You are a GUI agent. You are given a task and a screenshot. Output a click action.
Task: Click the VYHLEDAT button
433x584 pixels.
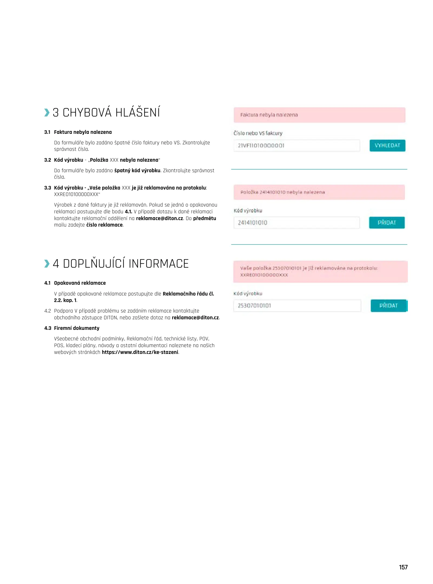click(387, 145)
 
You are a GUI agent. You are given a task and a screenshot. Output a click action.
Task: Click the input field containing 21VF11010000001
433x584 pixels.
click(296, 145)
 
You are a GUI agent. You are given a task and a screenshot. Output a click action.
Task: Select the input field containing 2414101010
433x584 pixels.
click(296, 223)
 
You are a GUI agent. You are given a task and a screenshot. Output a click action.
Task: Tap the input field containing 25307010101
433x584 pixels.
click(297, 306)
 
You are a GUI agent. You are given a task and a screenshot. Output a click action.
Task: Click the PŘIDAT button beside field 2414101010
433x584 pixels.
click(386, 223)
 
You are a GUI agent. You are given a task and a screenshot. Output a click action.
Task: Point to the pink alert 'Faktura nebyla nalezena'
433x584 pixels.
click(319, 115)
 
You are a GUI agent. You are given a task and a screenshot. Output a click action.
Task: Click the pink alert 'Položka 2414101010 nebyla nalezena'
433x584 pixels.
click(319, 192)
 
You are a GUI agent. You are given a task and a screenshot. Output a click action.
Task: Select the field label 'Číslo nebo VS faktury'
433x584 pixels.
click(258, 133)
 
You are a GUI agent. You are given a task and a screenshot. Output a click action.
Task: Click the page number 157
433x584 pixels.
click(403, 567)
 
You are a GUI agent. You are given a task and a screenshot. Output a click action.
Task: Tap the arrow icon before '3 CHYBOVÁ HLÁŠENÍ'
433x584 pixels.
click(47, 112)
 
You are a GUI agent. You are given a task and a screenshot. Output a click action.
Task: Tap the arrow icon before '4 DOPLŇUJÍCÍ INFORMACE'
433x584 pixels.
click(47, 263)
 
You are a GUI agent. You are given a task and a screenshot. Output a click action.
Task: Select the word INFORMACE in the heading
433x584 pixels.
click(158, 264)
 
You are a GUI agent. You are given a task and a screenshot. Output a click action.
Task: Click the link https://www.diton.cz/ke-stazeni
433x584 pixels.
click(140, 352)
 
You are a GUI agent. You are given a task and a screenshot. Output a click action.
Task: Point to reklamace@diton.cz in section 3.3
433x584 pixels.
click(159, 218)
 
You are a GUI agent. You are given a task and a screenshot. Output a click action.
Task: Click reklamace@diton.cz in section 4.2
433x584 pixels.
click(195, 317)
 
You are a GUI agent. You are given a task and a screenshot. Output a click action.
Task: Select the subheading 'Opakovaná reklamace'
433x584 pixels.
click(80, 283)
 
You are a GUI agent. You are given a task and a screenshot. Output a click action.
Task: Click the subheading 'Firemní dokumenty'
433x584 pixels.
click(77, 328)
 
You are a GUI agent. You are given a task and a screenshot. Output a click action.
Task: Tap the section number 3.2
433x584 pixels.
click(48, 160)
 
